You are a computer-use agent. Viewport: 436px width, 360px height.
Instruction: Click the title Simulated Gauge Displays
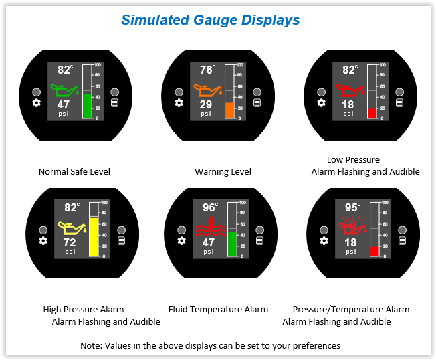pyautogui.click(x=210, y=20)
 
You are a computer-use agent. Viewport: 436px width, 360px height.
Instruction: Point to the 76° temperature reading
pyautogui.click(x=207, y=70)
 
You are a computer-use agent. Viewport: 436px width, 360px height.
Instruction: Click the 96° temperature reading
pyautogui.click(x=210, y=207)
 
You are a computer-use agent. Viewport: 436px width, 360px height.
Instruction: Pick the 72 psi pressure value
pyautogui.click(x=70, y=242)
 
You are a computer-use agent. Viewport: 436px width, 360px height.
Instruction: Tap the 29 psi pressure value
pyautogui.click(x=206, y=104)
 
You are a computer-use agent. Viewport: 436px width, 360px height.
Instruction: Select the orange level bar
pyautogui.click(x=229, y=110)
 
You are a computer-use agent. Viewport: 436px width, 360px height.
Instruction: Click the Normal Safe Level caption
pyautogui.click(x=74, y=172)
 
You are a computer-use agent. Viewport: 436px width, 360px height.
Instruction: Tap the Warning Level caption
pyautogui.click(x=223, y=172)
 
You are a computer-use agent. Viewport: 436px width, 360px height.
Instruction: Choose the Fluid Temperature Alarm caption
pyautogui.click(x=219, y=310)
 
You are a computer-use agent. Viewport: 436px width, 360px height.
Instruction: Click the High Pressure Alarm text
pyautogui.click(x=84, y=310)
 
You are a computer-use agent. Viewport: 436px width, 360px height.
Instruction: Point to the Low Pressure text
pyautogui.click(x=353, y=160)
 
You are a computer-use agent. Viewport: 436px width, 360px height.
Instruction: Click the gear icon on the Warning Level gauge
pyautogui.click(x=179, y=103)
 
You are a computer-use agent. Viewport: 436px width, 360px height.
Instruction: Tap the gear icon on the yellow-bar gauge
pyautogui.click(x=43, y=240)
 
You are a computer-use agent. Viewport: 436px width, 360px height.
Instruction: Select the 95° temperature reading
pyautogui.click(x=352, y=207)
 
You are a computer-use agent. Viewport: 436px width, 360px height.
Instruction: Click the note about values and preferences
pyautogui.click(x=210, y=346)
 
